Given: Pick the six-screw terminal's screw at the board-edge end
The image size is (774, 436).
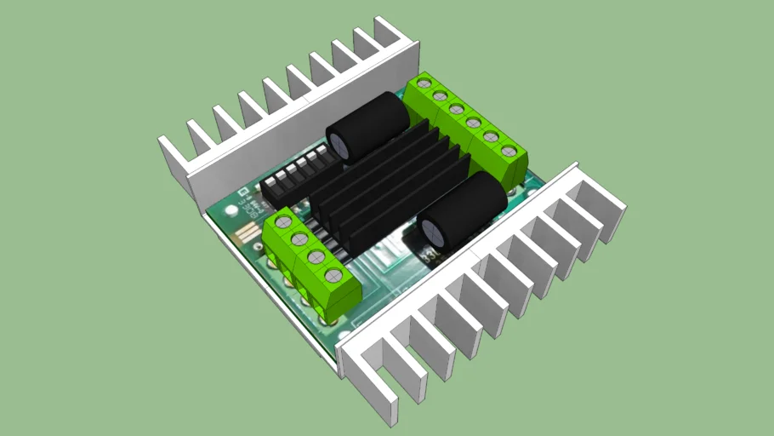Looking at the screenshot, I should coord(509,151).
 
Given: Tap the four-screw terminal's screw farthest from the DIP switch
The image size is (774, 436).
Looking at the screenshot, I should coord(333,274).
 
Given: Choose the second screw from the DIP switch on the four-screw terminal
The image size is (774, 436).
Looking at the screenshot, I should coord(299,239).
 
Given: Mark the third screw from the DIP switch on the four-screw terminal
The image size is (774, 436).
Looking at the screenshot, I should coord(316,255).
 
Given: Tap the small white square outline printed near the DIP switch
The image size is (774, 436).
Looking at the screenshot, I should coord(242,192).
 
